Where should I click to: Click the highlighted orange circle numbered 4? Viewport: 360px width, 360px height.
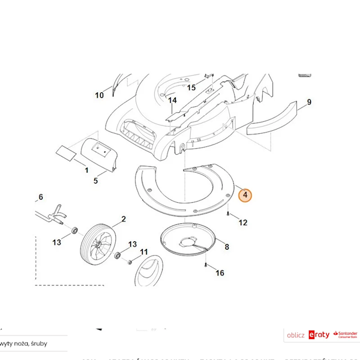coord(245,195)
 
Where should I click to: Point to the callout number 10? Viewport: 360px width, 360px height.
coord(100,95)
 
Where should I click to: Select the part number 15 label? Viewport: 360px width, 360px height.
coord(191,88)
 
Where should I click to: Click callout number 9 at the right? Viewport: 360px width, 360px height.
coord(309,102)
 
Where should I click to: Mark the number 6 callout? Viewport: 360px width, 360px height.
coord(41,197)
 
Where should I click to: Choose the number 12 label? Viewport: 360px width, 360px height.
coord(243,223)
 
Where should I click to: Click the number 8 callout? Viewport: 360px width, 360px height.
coord(226,247)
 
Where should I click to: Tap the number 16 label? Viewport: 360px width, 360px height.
coord(220,273)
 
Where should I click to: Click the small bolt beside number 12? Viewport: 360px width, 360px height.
coord(229,213)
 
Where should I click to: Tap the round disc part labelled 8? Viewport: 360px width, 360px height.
coord(191,241)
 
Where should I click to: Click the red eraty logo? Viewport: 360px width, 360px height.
coord(319,335)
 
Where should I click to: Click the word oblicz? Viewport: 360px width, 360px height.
coord(296,335)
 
